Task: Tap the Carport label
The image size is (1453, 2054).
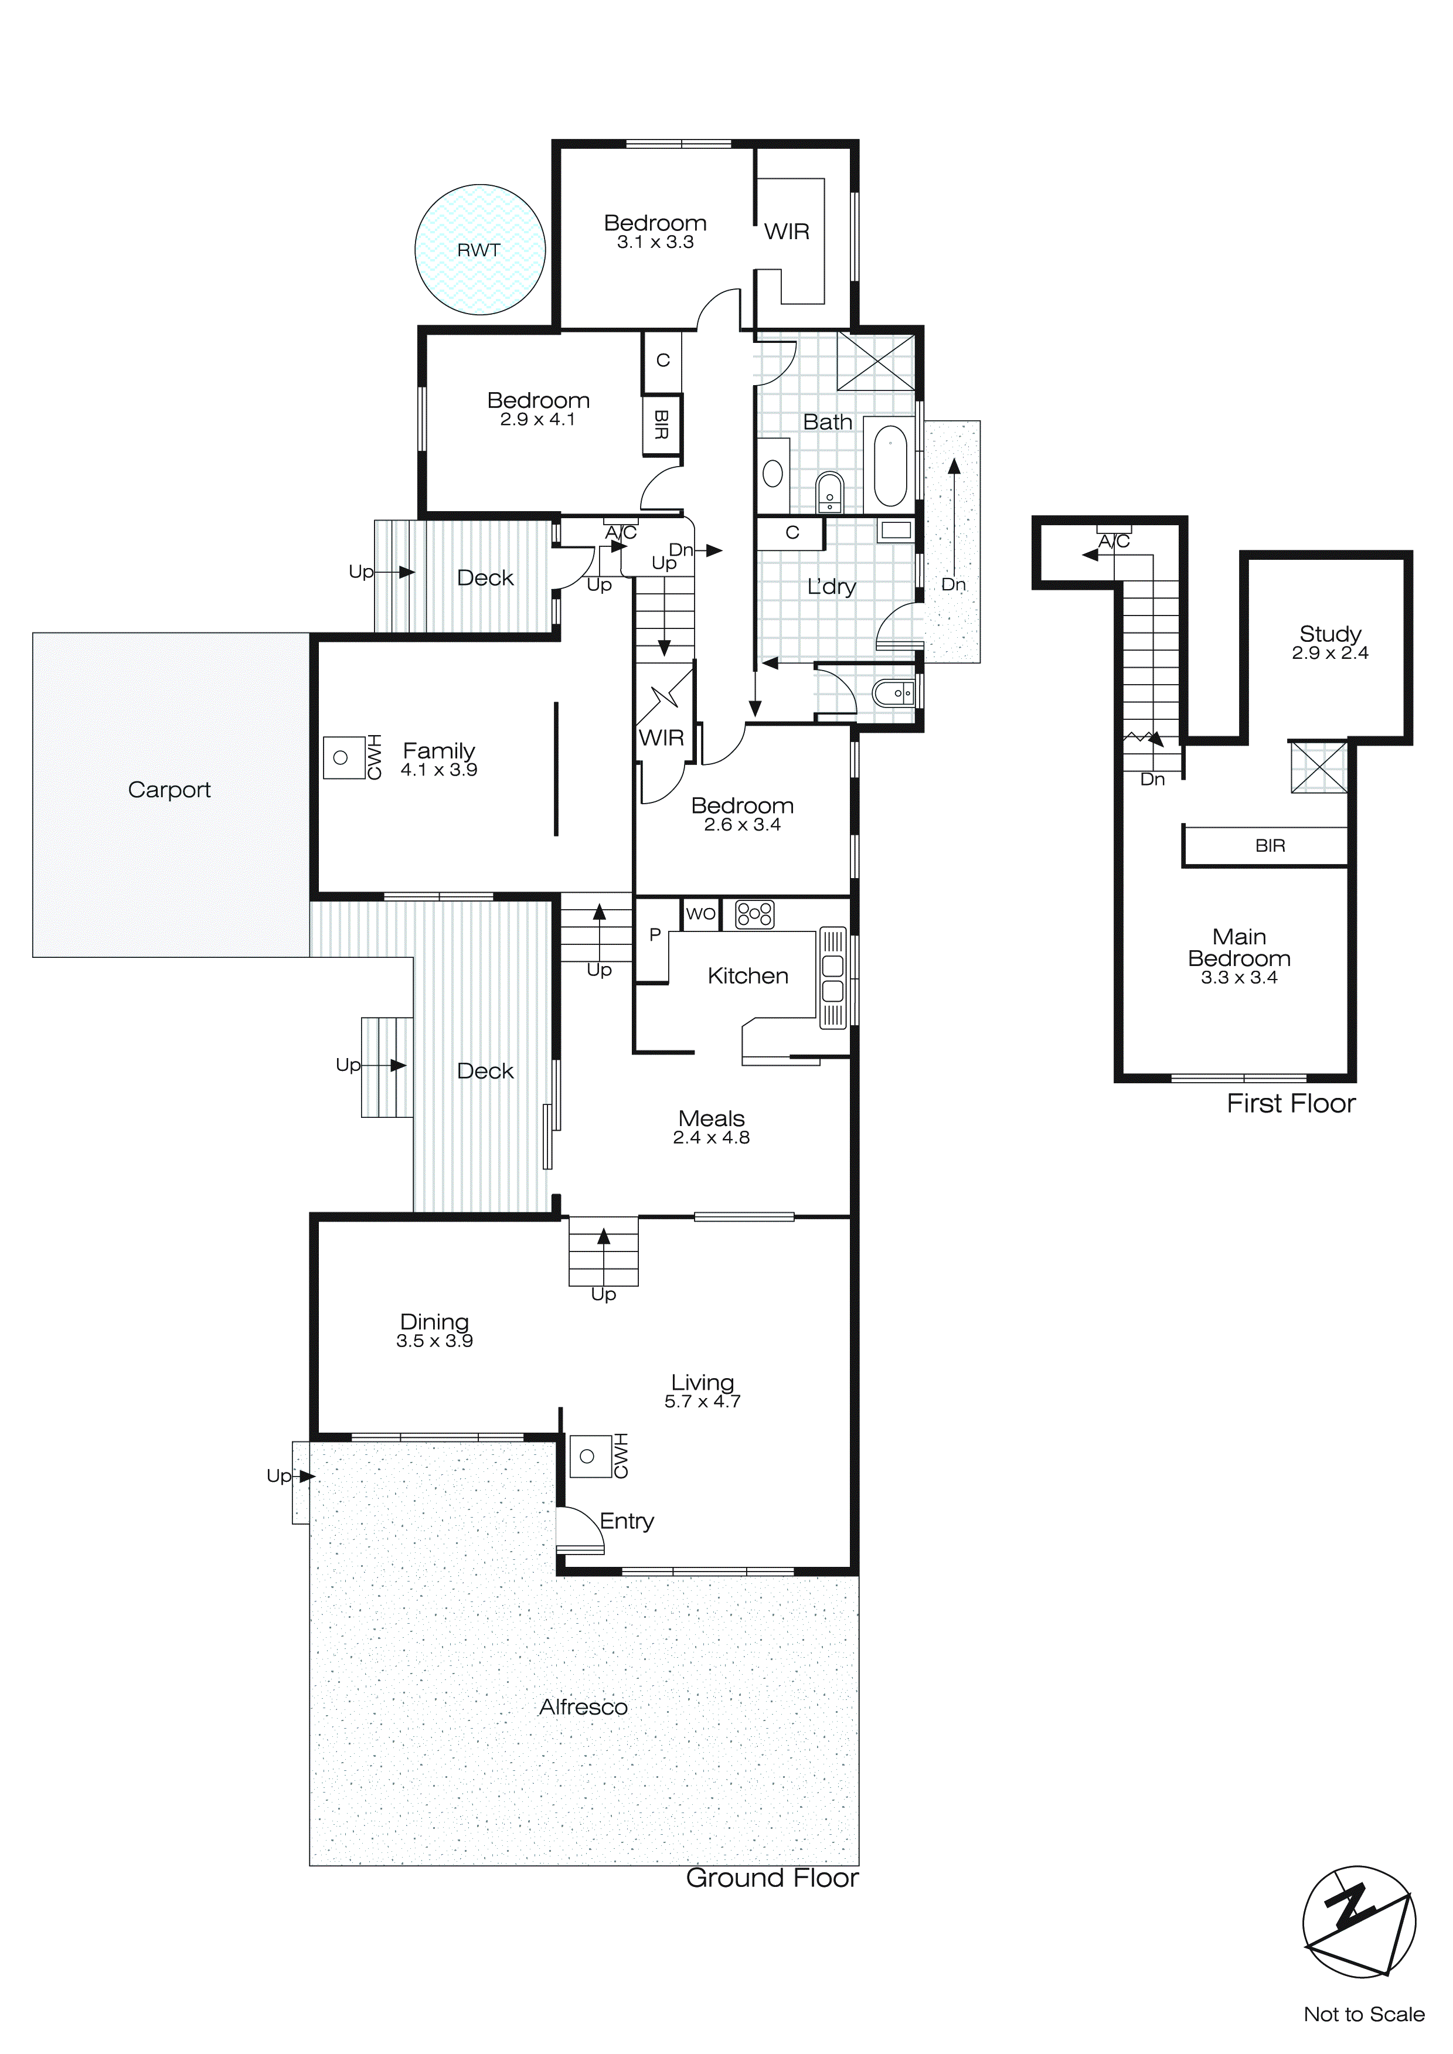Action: (169, 789)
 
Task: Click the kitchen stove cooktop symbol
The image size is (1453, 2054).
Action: (754, 913)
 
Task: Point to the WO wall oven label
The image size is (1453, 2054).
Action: (700, 913)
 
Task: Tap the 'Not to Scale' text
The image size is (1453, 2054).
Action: (1363, 2014)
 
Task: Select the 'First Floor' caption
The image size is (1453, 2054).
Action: (1290, 1103)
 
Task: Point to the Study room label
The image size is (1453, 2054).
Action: (1329, 634)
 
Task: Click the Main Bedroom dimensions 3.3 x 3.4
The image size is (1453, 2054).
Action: (1238, 978)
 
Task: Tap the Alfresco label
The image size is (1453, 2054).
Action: (583, 1707)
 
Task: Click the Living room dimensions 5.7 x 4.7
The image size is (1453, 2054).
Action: (702, 1402)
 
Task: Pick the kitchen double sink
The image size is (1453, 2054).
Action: (832, 978)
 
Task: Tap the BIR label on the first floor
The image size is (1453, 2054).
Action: (1270, 845)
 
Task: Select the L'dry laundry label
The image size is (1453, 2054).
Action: (831, 587)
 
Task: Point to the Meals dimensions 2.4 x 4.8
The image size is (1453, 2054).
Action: (712, 1138)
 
